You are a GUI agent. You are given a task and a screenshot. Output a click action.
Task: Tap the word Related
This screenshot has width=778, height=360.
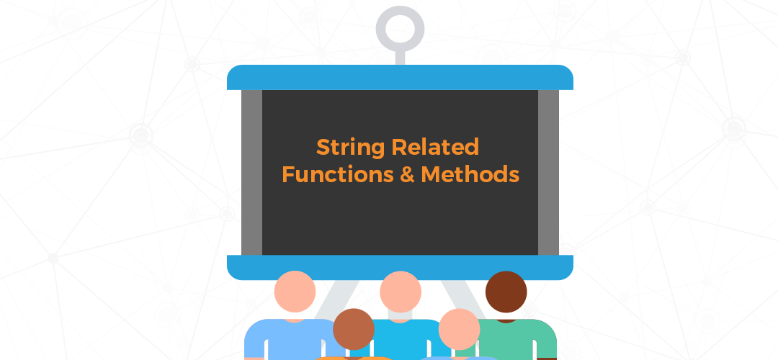click(x=435, y=148)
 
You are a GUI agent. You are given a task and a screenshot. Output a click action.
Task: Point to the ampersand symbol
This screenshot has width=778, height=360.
click(x=407, y=174)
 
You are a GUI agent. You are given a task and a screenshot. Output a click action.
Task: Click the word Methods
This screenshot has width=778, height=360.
click(x=470, y=174)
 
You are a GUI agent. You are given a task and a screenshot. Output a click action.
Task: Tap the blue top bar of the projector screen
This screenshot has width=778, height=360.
click(x=400, y=77)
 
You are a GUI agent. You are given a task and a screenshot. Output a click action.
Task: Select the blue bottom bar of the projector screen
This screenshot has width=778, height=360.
click(x=400, y=267)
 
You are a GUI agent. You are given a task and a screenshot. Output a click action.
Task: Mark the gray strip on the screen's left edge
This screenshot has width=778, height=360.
click(x=251, y=173)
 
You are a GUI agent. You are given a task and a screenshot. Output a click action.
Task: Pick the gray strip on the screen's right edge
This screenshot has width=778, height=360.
click(x=548, y=173)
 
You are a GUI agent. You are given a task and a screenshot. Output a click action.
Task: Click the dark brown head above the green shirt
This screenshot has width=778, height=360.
click(x=506, y=292)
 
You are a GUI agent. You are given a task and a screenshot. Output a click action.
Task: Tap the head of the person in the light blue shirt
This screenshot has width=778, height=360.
click(x=295, y=292)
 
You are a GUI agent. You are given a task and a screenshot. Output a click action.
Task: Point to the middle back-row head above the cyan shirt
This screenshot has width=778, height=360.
click(x=401, y=292)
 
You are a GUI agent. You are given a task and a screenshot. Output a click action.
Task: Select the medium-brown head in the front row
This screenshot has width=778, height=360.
click(x=353, y=329)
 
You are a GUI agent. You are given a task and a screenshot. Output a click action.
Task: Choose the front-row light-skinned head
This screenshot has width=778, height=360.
click(x=459, y=329)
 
